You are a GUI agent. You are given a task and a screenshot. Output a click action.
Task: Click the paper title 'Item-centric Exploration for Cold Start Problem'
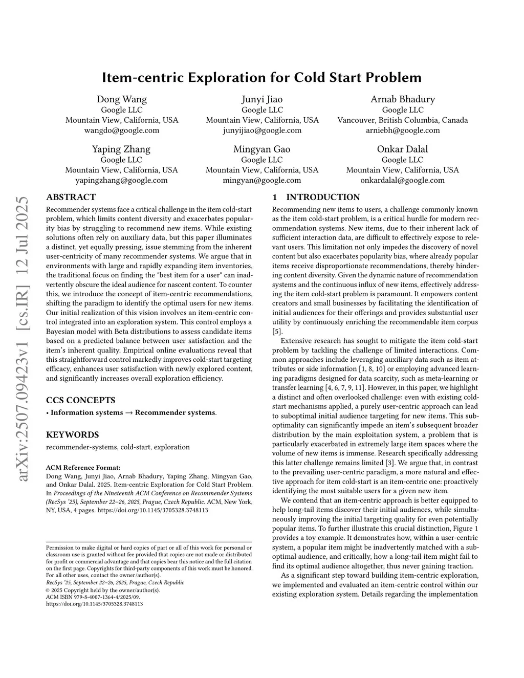coord(261,77)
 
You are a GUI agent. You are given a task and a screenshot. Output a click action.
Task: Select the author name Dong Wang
coord(122,99)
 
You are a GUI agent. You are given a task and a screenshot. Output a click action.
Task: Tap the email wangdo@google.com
coord(122,130)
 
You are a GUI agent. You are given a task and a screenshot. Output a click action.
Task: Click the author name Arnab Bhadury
coord(403,99)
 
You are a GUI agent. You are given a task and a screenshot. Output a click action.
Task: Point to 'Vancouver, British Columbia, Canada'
coord(403,120)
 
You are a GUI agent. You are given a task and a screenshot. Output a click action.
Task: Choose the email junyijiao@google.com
coord(262,130)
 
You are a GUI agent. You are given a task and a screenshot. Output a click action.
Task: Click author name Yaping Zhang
coord(121,149)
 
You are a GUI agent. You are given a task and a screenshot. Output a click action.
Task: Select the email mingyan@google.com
coord(262,180)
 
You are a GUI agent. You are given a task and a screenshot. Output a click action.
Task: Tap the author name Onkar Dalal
coord(402,149)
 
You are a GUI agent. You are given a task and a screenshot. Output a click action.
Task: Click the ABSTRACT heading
coord(71,197)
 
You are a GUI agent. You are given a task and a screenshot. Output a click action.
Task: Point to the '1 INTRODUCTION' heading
coord(316,197)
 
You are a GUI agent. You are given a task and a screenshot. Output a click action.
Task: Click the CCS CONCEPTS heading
coord(80,400)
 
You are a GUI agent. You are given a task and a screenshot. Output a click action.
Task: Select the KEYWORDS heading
coord(72,434)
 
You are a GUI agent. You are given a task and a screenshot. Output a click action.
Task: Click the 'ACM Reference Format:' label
coord(83,467)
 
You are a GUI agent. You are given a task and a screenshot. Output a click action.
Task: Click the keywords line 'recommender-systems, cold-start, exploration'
coord(118,447)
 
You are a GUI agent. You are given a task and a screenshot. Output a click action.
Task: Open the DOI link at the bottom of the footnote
coord(95,604)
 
